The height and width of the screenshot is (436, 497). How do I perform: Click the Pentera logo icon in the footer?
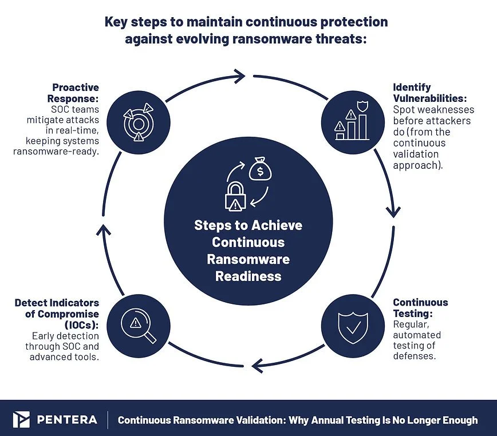tap(21, 419)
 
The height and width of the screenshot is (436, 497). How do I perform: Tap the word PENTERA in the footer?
tap(67, 420)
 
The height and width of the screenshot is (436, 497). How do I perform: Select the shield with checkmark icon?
tap(353, 328)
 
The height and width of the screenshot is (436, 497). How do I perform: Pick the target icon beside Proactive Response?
tap(138, 122)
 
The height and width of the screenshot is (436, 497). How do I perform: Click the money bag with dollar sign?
tap(261, 169)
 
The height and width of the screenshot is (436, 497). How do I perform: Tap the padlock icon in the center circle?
tap(235, 197)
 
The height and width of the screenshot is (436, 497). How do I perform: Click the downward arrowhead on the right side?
tap(393, 212)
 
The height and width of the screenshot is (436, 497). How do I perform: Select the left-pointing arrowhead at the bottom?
tap(258, 366)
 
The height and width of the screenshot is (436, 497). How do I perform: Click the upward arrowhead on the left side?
tap(104, 229)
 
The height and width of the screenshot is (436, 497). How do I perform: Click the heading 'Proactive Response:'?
tap(73, 93)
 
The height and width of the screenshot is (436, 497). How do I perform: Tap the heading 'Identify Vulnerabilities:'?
tap(430, 93)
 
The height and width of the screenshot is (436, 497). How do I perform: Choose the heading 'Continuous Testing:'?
tap(420, 308)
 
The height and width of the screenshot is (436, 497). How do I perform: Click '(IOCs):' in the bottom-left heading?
tap(82, 325)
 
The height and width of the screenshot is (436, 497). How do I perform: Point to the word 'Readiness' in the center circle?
tap(248, 276)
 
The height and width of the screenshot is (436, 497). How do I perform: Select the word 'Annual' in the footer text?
tap(327, 420)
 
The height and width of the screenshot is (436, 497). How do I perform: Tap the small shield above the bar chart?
tap(362, 106)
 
